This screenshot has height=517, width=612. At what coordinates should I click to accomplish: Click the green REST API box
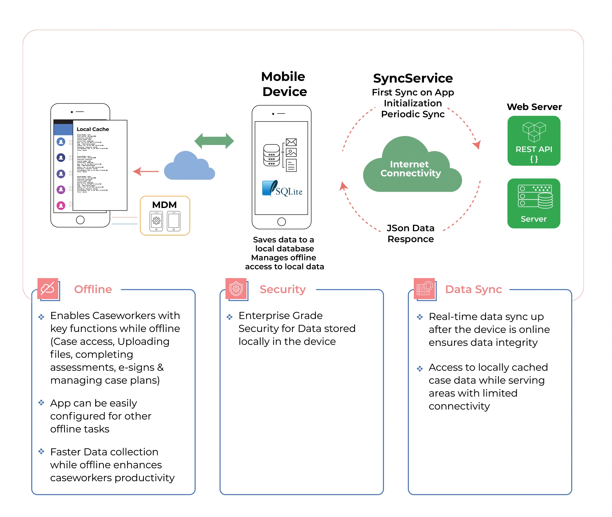(533, 141)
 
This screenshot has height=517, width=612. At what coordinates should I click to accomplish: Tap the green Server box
(533, 203)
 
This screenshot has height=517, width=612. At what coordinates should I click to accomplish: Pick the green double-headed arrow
(214, 141)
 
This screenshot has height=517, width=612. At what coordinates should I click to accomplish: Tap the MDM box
(165, 216)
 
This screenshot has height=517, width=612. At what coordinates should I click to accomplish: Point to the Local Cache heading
(93, 129)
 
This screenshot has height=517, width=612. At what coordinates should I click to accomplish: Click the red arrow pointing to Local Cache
(146, 171)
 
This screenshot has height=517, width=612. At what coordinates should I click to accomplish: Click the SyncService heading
(413, 78)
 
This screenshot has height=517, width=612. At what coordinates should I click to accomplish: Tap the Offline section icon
(48, 288)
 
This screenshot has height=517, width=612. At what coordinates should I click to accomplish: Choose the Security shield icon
(236, 288)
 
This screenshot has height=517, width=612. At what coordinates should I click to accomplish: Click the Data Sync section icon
(424, 288)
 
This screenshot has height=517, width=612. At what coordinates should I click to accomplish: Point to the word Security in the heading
(282, 289)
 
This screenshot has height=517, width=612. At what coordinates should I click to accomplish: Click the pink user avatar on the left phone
(61, 205)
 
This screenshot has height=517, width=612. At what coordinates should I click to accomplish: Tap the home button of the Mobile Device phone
(281, 222)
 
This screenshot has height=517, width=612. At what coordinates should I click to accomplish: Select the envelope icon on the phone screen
(291, 142)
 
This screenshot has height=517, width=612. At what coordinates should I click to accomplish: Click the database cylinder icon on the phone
(271, 155)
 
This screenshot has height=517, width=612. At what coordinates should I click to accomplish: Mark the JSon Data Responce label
(410, 233)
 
